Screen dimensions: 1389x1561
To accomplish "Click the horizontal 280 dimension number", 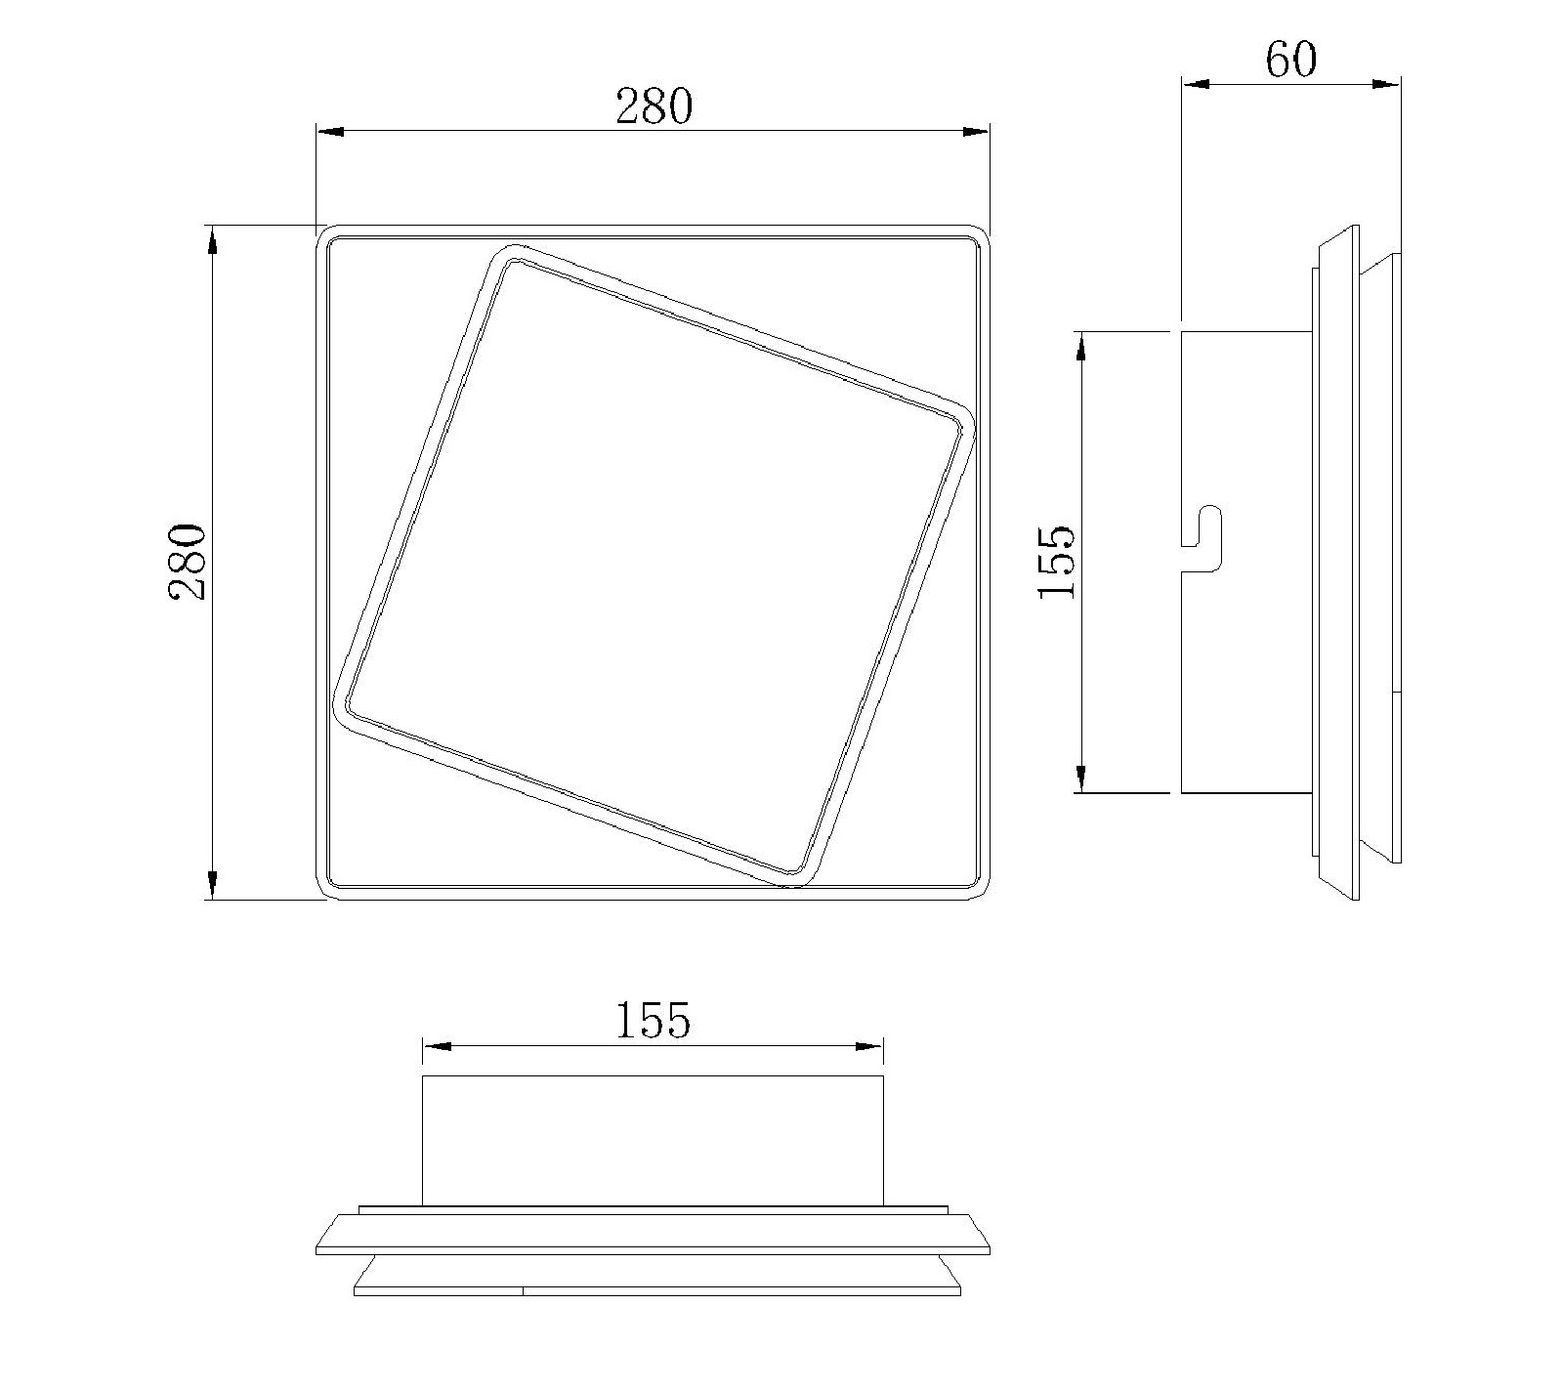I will (x=653, y=106).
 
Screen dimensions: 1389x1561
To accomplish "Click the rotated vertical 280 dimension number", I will (x=188, y=562).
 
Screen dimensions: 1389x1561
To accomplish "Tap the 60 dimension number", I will (x=1290, y=60).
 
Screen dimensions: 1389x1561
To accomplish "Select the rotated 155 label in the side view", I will (x=1057, y=563).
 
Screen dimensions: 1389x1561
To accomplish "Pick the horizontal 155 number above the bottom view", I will (x=653, y=1021).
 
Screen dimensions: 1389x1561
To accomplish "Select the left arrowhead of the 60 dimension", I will (x=1197, y=84).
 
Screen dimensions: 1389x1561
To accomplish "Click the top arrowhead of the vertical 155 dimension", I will (x=1081, y=347).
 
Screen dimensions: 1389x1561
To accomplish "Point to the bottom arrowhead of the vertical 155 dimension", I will (x=1081, y=778).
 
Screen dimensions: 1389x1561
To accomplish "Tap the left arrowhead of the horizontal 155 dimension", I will (x=437, y=1046).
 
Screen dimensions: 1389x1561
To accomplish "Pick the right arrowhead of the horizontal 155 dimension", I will (x=869, y=1046).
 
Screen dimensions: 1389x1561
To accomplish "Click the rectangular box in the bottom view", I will (x=653, y=1139).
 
